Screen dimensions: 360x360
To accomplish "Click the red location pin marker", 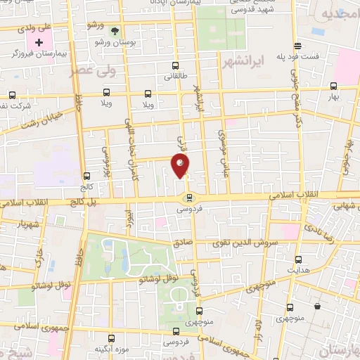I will point(181,166).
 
